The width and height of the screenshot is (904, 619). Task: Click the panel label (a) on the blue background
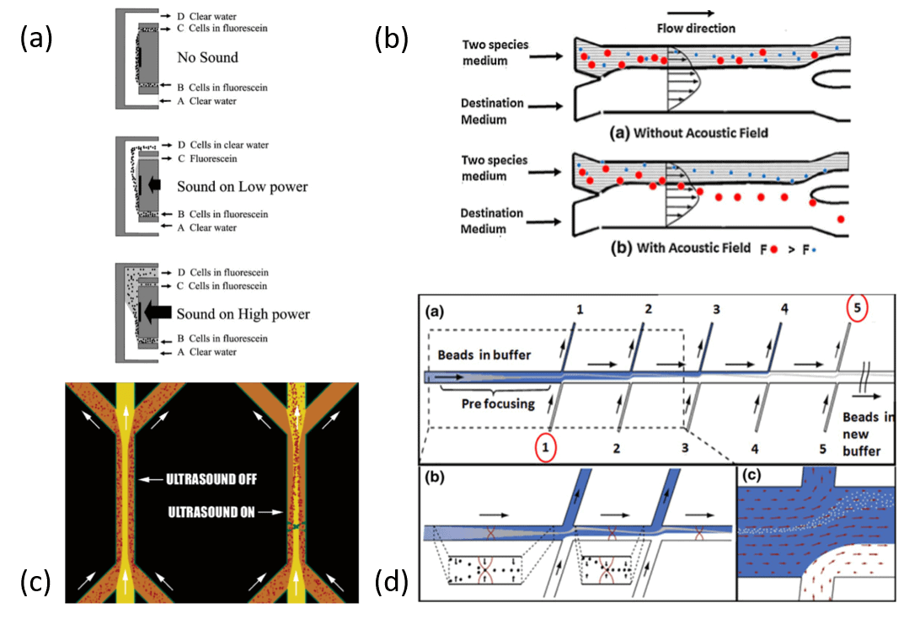click(36, 39)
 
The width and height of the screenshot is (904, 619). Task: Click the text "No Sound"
click(207, 58)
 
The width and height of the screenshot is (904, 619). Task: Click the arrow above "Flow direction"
click(695, 12)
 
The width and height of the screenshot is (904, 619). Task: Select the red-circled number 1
click(545, 448)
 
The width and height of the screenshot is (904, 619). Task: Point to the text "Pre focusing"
click(473, 403)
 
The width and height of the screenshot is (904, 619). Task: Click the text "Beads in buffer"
click(478, 355)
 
